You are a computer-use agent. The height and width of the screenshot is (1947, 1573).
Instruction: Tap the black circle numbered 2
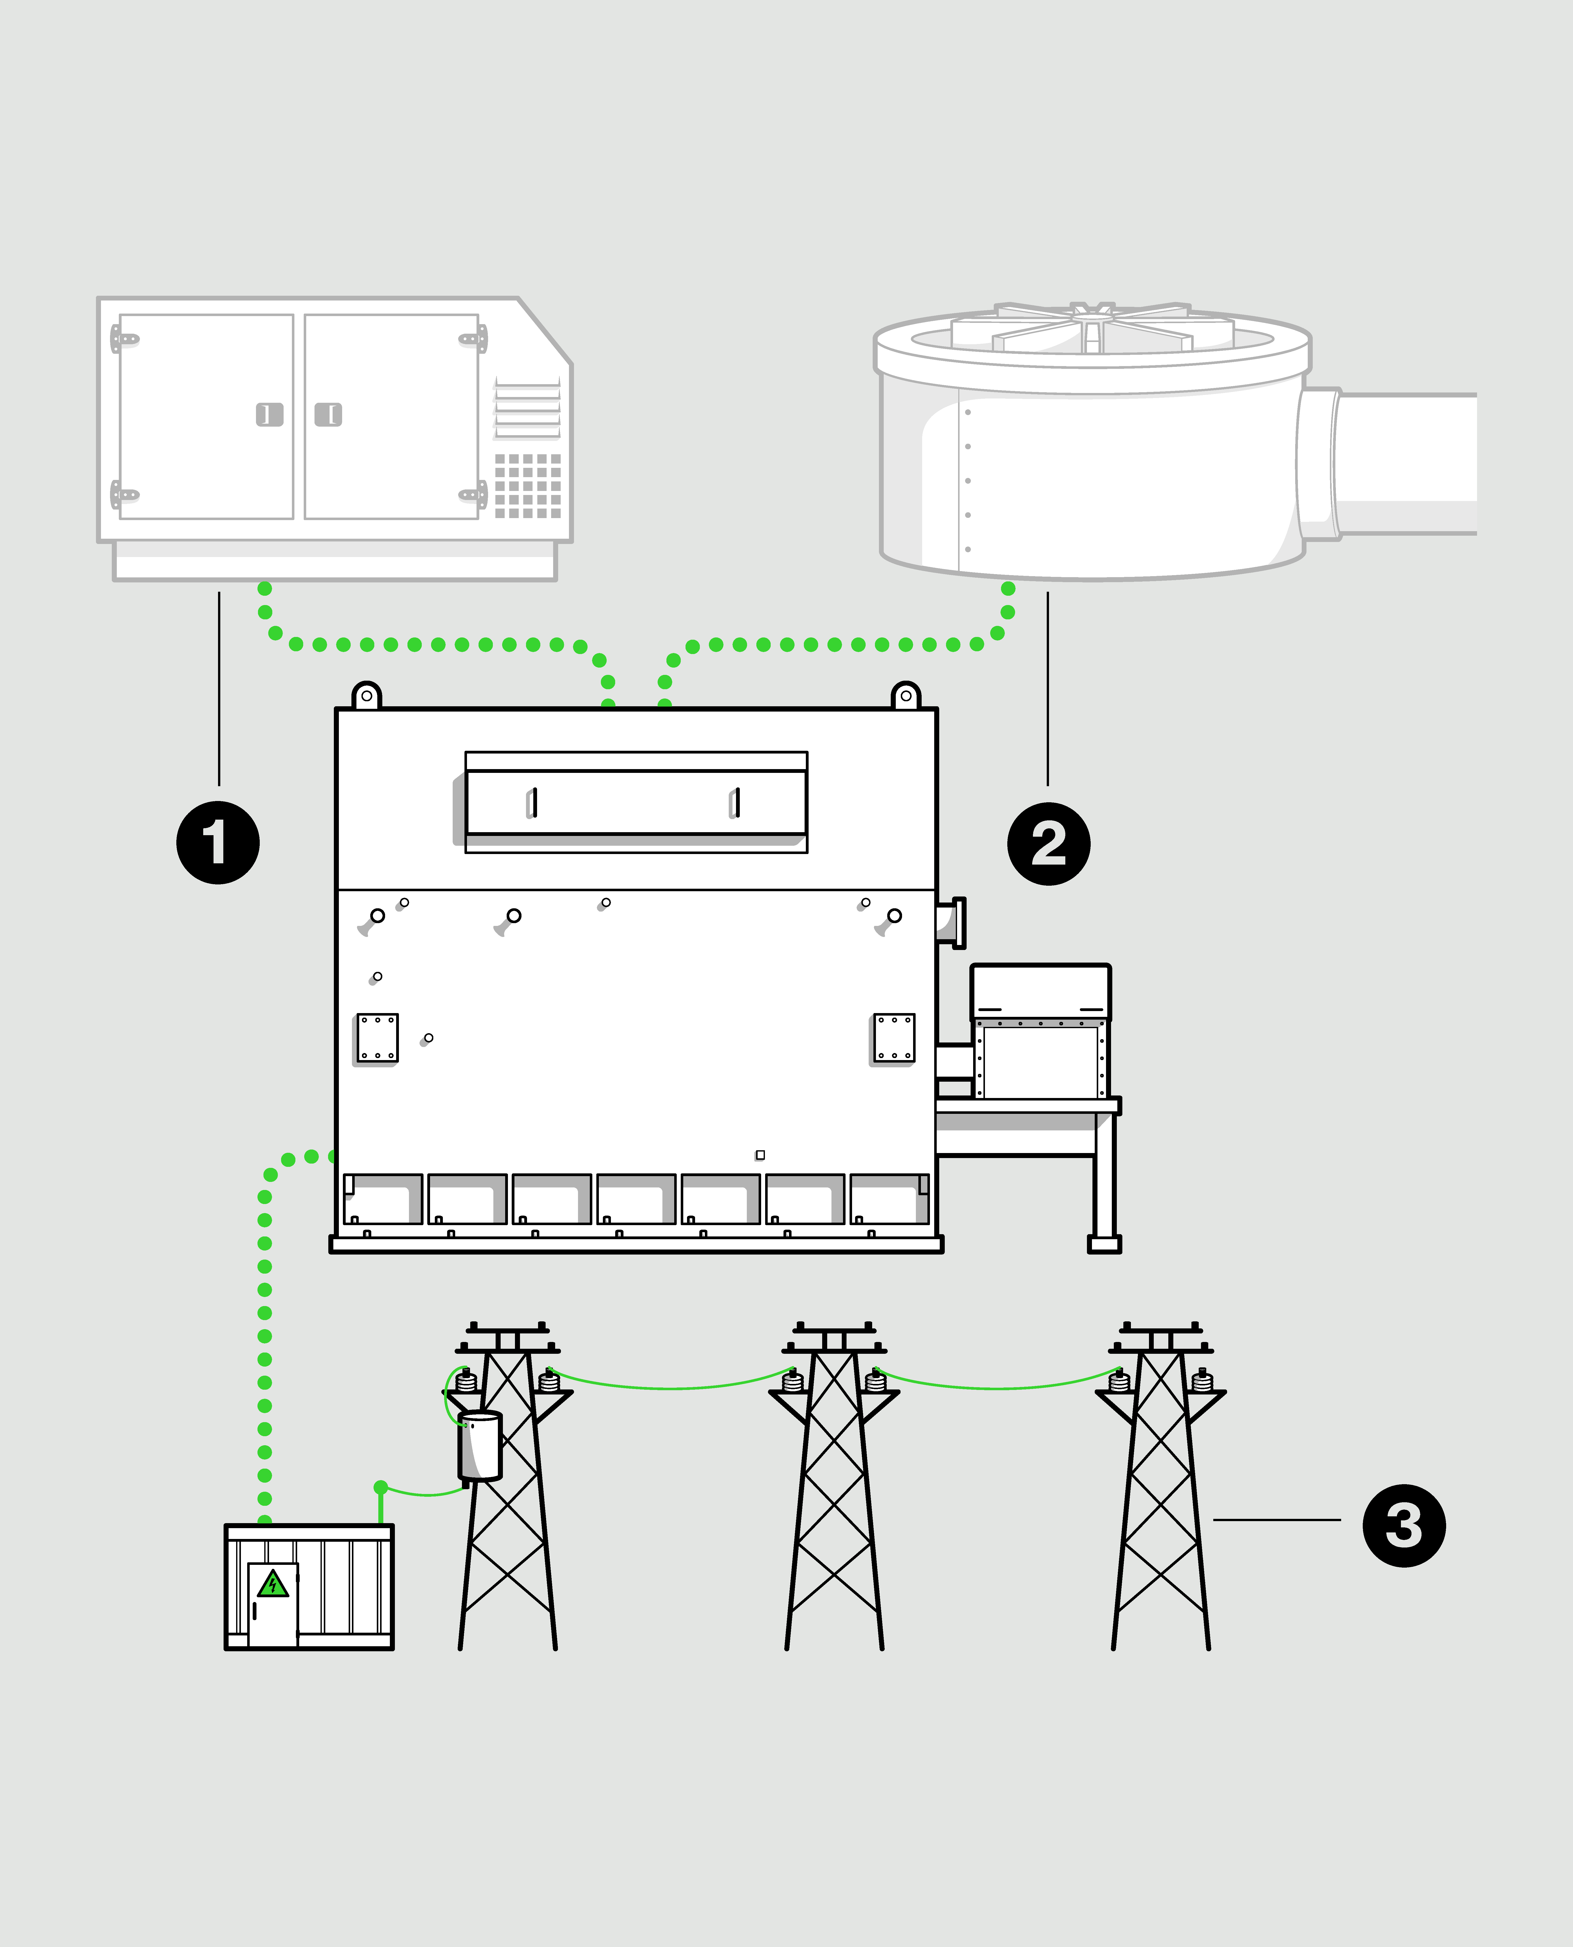click(1048, 843)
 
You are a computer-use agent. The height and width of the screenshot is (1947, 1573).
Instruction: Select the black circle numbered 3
click(1403, 1525)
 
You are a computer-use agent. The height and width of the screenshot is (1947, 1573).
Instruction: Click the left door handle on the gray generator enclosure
click(269, 414)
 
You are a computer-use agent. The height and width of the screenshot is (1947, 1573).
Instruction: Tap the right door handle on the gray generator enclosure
click(328, 414)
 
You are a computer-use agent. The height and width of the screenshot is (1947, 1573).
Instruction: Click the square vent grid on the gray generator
click(527, 486)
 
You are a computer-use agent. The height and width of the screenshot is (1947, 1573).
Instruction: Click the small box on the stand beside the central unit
click(1040, 1033)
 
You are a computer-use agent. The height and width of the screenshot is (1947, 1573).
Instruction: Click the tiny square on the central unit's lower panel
click(760, 1155)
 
